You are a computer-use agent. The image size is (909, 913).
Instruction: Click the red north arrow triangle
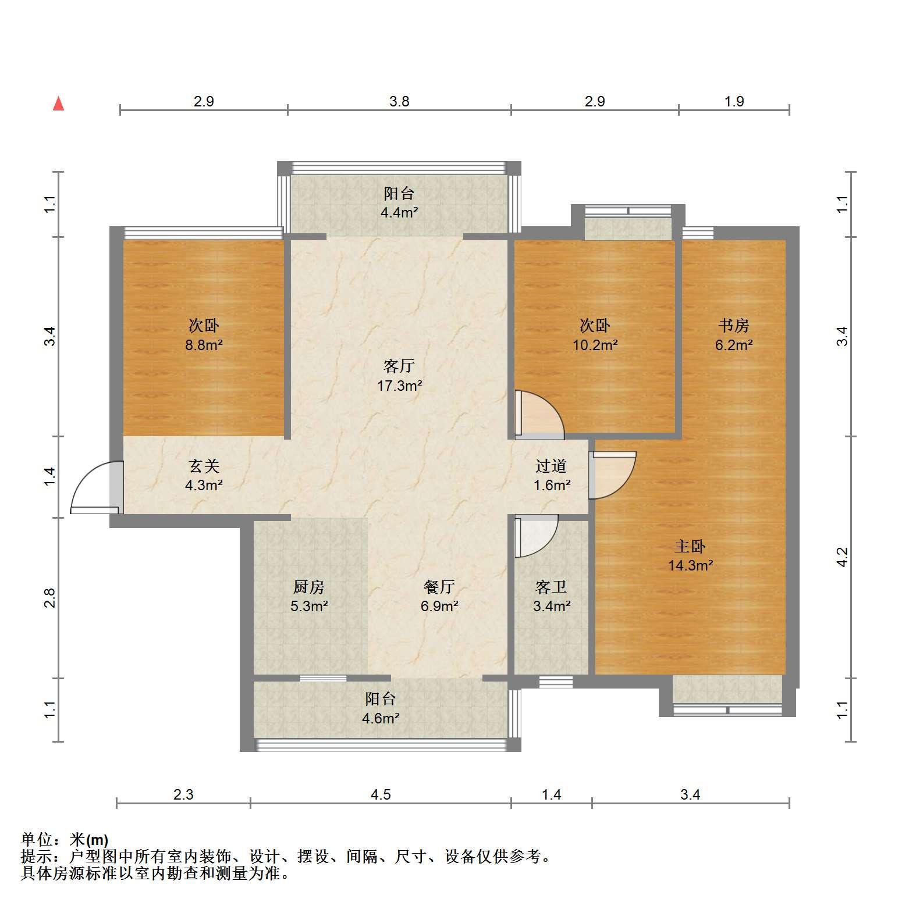click(x=58, y=104)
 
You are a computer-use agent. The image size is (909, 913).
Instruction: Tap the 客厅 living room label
click(x=399, y=366)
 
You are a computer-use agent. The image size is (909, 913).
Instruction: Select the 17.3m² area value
click(x=399, y=385)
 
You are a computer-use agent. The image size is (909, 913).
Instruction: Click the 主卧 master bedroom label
click(x=690, y=546)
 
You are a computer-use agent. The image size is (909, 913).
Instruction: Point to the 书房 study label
click(x=734, y=325)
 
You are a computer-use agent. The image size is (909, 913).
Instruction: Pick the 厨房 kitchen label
click(x=309, y=587)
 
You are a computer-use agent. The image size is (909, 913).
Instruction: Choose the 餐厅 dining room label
click(x=439, y=587)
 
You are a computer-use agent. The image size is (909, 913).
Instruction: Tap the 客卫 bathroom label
click(x=551, y=587)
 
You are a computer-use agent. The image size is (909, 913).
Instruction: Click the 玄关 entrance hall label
click(x=204, y=466)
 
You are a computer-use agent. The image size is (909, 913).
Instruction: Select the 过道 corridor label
click(x=551, y=466)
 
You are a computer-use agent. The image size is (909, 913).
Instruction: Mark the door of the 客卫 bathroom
click(x=535, y=536)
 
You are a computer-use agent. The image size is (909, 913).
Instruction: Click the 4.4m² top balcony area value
click(x=399, y=212)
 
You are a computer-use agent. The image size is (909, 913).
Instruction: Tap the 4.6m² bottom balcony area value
click(x=381, y=718)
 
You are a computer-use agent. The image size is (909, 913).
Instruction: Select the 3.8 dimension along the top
click(x=399, y=101)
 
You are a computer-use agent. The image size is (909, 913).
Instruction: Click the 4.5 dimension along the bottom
click(x=381, y=794)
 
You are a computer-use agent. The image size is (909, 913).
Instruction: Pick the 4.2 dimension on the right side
click(x=842, y=557)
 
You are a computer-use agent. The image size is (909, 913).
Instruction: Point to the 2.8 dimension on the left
click(x=51, y=598)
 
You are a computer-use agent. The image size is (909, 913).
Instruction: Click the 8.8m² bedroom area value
click(x=204, y=345)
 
